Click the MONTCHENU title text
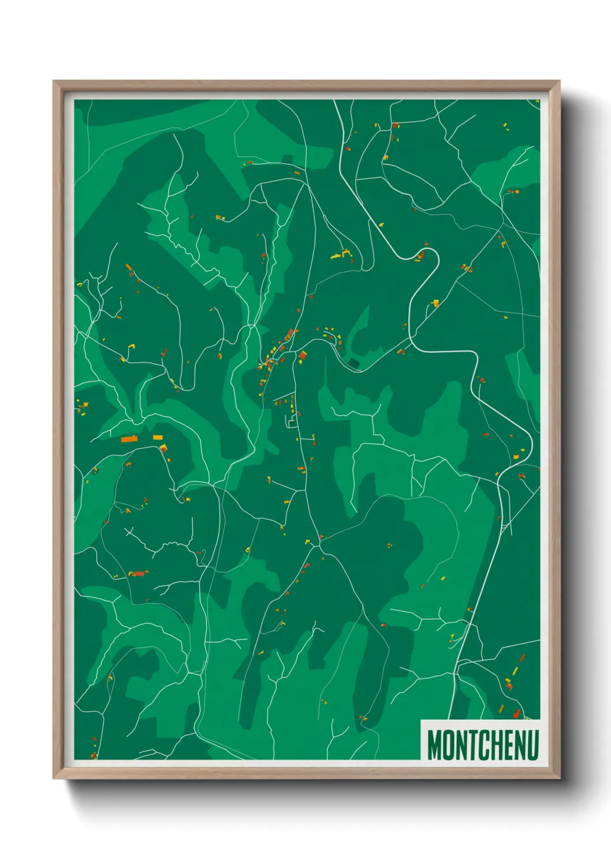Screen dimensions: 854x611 pyautogui.click(x=483, y=745)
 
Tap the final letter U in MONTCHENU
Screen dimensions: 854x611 pyautogui.click(x=532, y=745)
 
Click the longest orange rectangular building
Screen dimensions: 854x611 pyautogui.click(x=129, y=439)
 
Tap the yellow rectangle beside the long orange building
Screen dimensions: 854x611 pyautogui.click(x=158, y=437)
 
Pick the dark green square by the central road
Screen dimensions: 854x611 pyautogui.click(x=354, y=363)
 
